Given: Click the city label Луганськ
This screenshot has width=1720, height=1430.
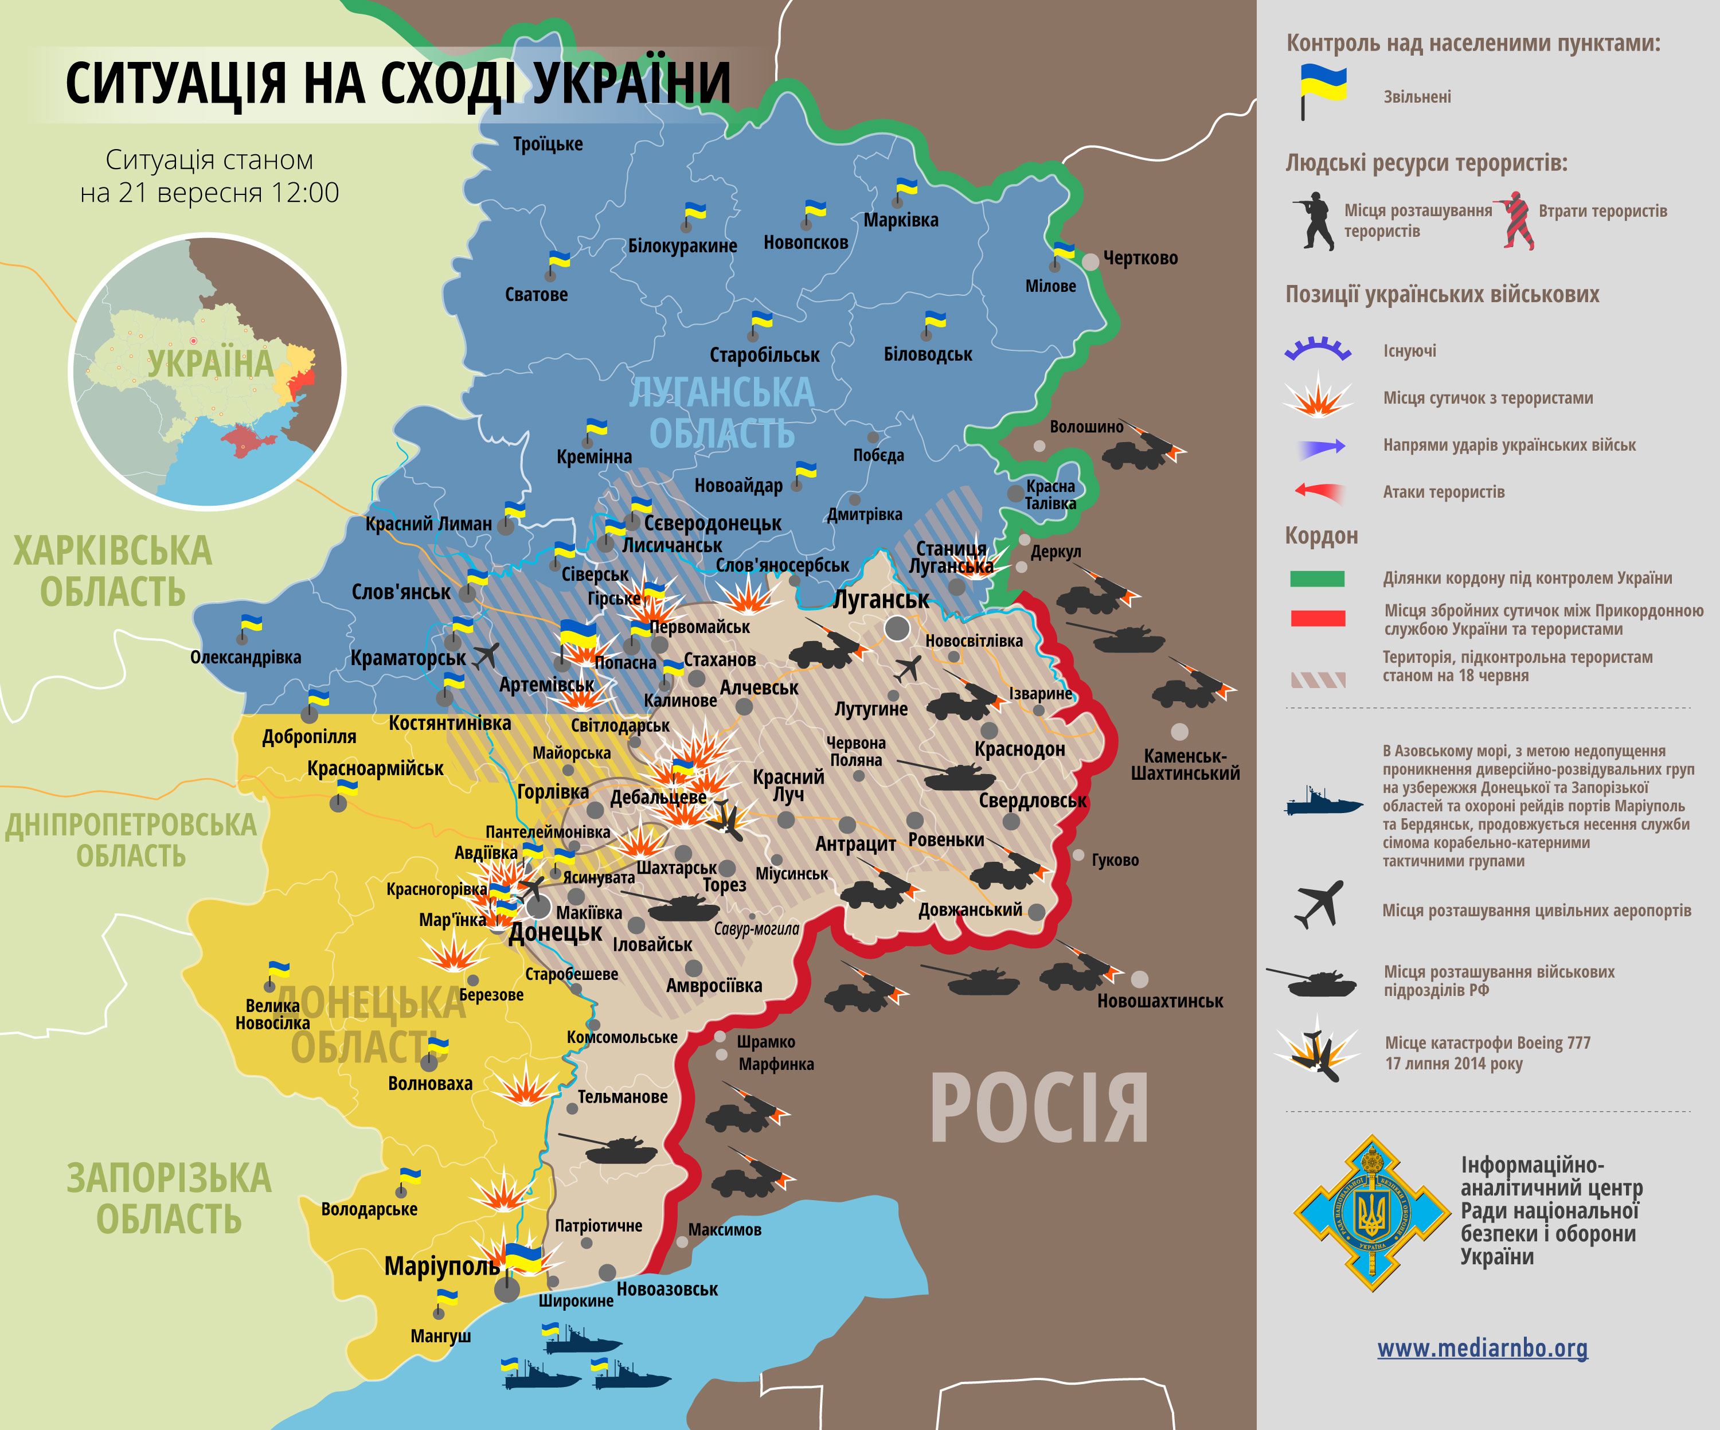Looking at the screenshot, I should pos(881,600).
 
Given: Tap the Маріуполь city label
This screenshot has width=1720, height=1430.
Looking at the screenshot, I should pos(441,1266).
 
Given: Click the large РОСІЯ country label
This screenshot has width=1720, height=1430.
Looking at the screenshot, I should pos(1038,1109).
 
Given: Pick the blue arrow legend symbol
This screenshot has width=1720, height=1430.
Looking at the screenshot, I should pos(1320,446).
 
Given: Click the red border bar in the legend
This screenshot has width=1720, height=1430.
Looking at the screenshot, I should pos(1317,618).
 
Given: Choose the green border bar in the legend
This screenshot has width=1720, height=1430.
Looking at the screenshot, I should pos(1317,578).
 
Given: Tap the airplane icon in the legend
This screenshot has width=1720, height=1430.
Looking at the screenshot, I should pos(1319,904).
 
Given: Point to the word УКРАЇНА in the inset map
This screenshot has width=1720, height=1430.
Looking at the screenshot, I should pos(210,364).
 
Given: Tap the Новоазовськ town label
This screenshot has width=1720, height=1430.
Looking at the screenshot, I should pos(667,1289).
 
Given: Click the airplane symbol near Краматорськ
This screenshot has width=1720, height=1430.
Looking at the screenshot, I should pos(487,655).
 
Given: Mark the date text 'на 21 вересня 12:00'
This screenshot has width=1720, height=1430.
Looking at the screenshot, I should pos(210,193).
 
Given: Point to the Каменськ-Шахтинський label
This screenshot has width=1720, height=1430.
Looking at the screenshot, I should pos(1185,764).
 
